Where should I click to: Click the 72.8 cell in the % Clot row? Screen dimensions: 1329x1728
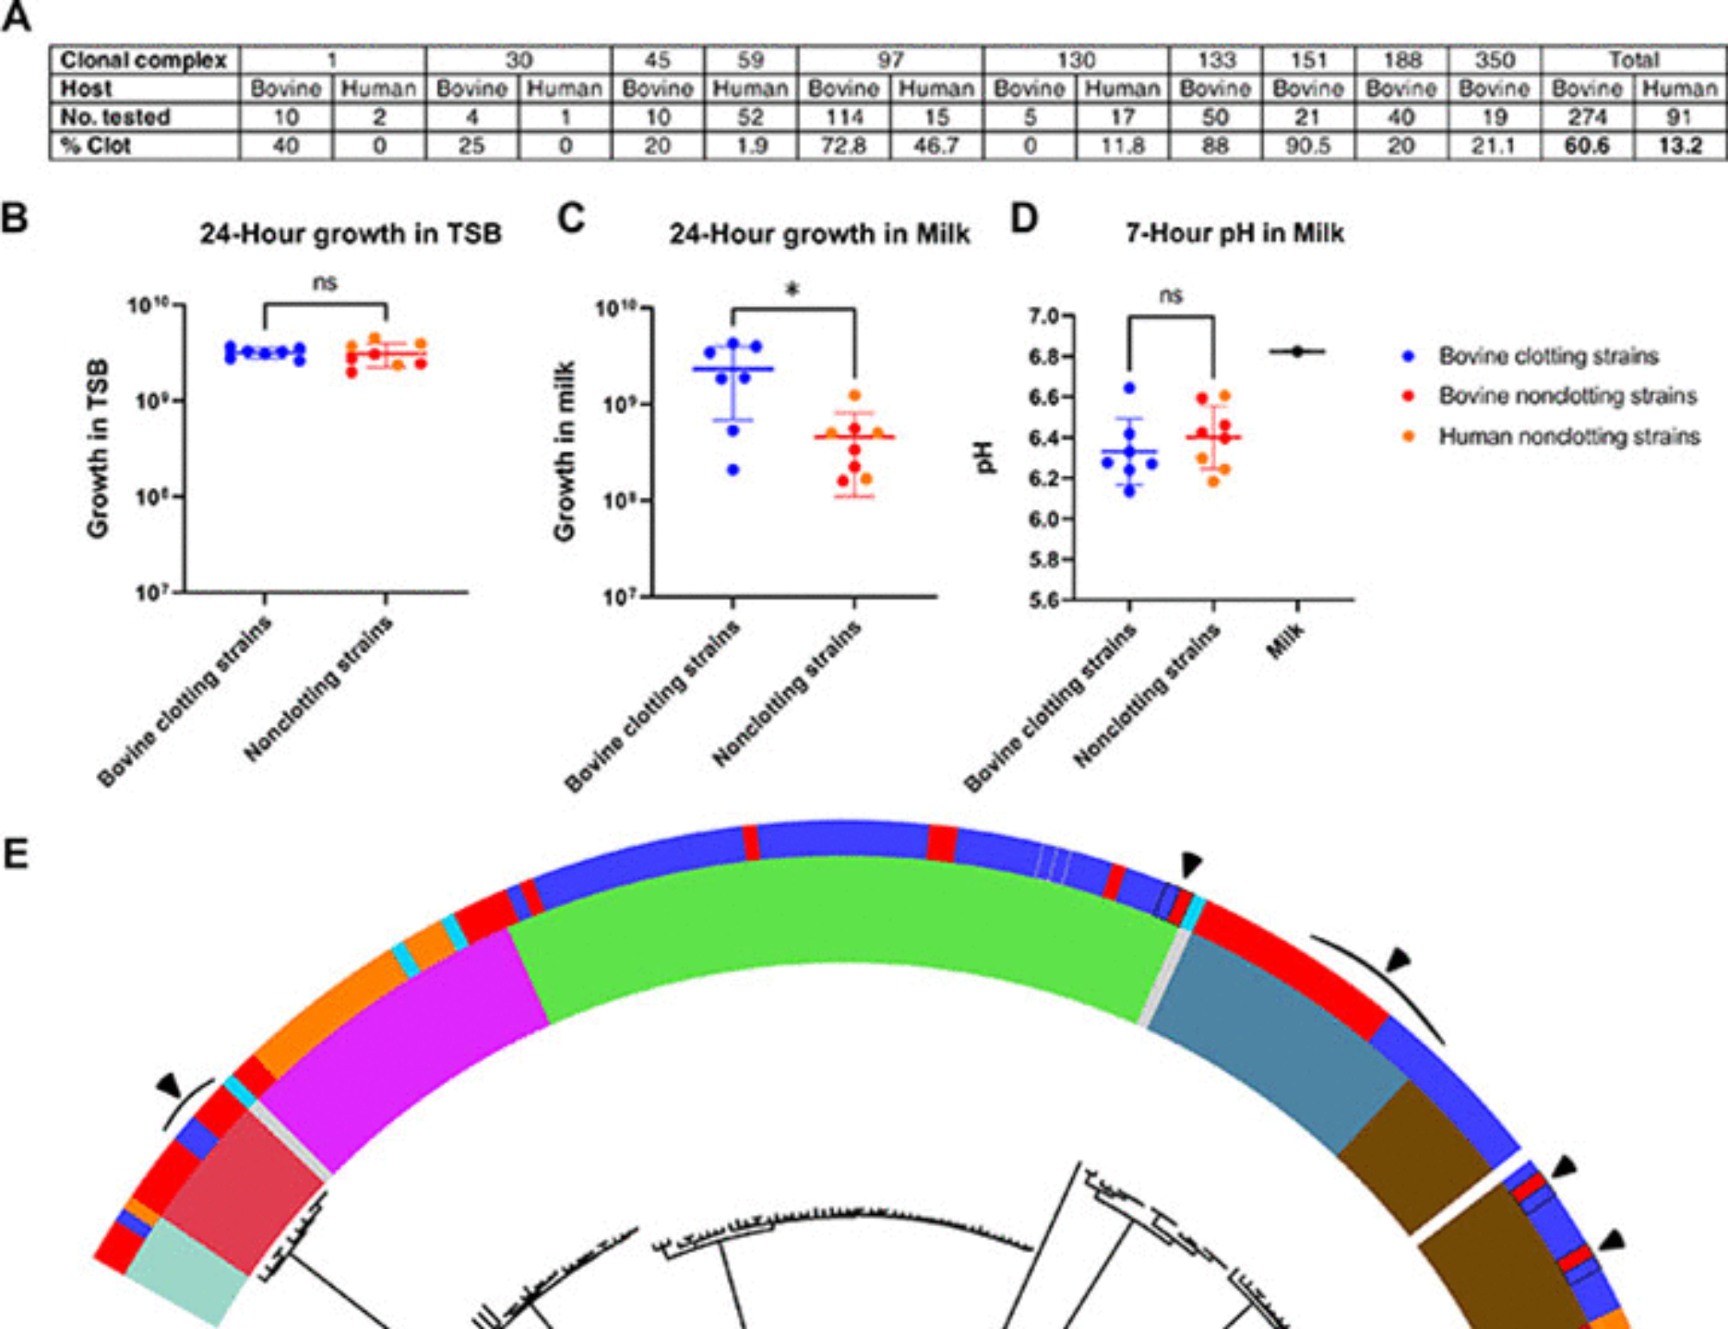point(844,146)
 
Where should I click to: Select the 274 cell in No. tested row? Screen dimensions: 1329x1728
point(1587,118)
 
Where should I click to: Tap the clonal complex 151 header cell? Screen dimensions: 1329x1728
point(1308,60)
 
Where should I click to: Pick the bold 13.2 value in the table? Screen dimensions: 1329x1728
point(1680,146)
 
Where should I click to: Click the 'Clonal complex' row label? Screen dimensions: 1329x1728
point(143,60)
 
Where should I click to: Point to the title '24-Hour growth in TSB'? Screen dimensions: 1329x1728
point(351,234)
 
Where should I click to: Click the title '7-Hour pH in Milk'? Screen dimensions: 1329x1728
point(1235,233)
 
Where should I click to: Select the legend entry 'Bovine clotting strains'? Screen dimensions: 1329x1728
point(1548,356)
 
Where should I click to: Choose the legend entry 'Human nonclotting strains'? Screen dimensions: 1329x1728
point(1569,436)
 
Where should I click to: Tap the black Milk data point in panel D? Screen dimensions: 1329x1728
point(1298,352)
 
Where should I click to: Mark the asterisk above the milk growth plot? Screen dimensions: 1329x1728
point(792,290)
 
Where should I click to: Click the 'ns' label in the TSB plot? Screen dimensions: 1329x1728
point(325,283)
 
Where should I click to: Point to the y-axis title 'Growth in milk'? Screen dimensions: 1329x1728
point(565,451)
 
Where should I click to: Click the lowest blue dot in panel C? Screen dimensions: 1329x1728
point(734,470)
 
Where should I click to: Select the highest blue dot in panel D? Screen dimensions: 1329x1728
point(1129,389)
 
